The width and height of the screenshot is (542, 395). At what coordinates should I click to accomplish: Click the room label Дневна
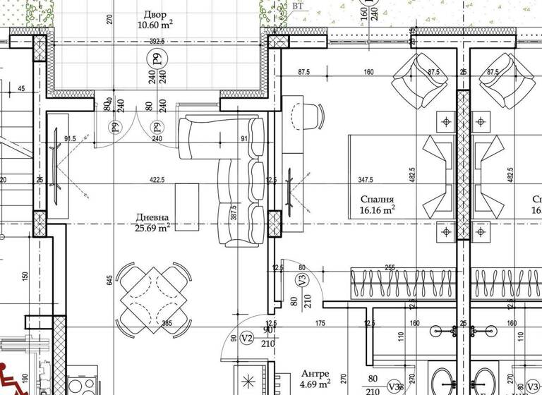pos(152,218)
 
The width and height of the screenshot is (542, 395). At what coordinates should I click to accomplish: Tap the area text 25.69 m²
pos(153,228)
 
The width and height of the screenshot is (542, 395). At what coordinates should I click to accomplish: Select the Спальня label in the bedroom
pos(376,200)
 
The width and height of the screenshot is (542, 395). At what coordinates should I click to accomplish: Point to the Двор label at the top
pos(155,15)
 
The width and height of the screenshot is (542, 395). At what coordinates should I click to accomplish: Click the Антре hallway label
pos(314,373)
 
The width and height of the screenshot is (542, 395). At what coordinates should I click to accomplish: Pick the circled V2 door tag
pos(247,338)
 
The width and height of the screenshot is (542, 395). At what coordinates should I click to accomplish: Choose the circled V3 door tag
pos(302,280)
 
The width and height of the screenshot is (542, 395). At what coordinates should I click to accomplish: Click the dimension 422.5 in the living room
pos(156,180)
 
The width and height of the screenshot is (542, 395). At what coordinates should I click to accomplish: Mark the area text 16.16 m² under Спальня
pos(377,209)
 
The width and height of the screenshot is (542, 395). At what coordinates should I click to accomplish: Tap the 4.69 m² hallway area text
pos(315,384)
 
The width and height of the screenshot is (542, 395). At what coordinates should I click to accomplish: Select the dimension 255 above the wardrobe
pos(389,267)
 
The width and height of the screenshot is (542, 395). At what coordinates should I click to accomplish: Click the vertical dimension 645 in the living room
pos(109,280)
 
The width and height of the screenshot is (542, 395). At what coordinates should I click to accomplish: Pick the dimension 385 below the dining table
pos(167,323)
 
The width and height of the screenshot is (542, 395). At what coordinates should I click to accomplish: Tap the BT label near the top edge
pos(299,6)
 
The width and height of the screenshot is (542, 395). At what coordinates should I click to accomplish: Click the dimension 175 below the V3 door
pos(320,323)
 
